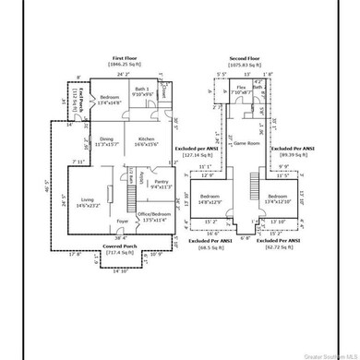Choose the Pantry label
click(161, 184)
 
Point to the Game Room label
click(245, 144)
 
